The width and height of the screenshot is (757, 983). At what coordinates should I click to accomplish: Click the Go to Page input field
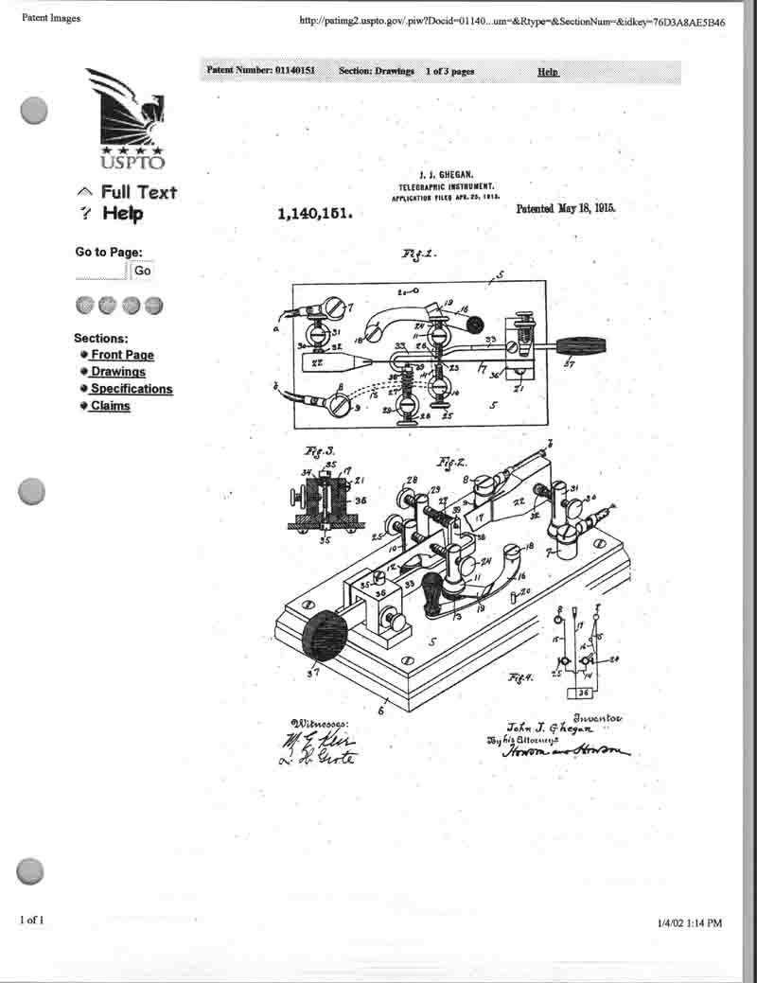coord(101,271)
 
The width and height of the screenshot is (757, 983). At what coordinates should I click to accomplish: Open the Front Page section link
coord(122,355)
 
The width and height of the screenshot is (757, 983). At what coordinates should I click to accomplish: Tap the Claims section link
coord(110,406)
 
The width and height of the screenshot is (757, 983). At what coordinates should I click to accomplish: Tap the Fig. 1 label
coord(419,255)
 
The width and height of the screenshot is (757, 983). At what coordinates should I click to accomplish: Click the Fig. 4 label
coord(520,677)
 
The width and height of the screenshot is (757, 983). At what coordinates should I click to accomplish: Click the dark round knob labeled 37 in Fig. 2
coord(324,635)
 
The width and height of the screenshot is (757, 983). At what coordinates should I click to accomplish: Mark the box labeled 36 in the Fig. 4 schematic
coord(585,693)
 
